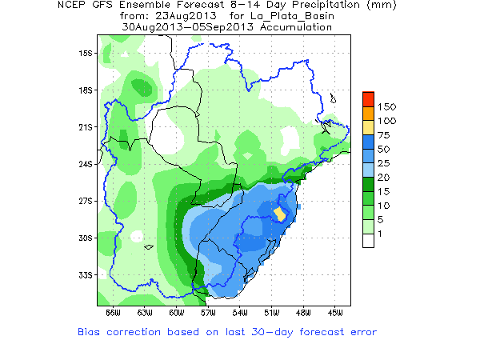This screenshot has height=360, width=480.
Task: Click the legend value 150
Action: point(387,106)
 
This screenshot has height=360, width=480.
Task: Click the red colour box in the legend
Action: point(368,99)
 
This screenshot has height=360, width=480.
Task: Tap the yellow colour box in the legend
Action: point(368,127)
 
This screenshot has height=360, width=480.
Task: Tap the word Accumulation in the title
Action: point(290,26)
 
